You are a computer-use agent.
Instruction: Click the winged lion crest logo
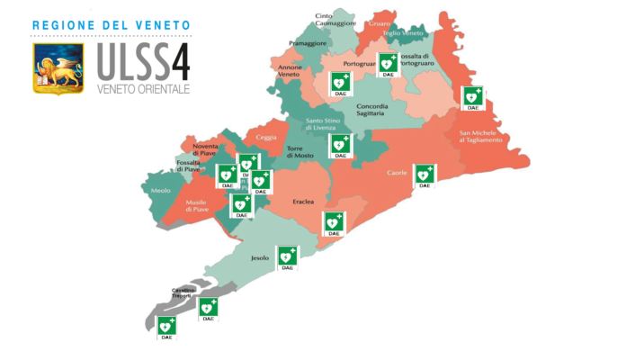click(x=58, y=68)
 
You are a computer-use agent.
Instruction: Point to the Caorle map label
click(x=396, y=172)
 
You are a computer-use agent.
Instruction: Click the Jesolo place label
click(x=259, y=258)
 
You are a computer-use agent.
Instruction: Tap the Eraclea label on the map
click(x=303, y=202)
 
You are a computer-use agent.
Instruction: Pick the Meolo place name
click(x=161, y=191)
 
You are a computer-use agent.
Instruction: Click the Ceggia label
click(x=266, y=137)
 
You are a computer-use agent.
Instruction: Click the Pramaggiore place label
click(x=308, y=42)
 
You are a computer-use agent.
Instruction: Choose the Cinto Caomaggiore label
click(x=335, y=19)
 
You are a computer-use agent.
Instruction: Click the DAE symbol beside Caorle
click(x=424, y=175)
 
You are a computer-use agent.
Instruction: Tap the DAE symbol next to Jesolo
click(x=287, y=257)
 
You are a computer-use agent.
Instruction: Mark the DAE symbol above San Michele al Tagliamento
click(x=472, y=98)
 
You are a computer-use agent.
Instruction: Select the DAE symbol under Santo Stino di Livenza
click(x=339, y=146)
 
